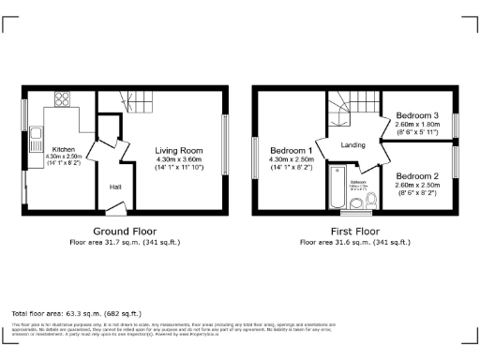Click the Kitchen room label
(63, 148)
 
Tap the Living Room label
(178, 150)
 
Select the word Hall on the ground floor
(115, 187)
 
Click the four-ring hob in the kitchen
(65, 98)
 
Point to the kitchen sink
(35, 139)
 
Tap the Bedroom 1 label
(291, 150)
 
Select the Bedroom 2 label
(417, 176)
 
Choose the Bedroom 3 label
(417, 115)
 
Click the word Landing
(353, 144)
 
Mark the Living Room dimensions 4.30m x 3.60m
(178, 158)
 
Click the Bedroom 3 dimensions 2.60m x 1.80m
(417, 125)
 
